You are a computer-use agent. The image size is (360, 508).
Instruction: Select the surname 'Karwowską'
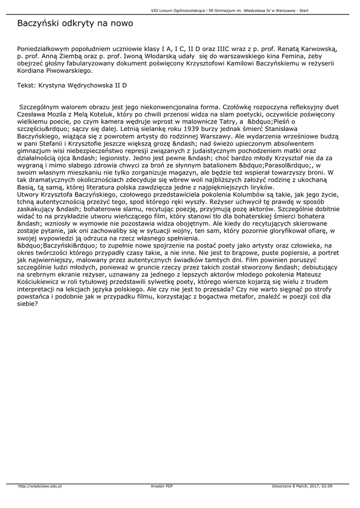pos(318,50)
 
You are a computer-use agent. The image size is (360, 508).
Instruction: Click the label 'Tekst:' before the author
pos(27,85)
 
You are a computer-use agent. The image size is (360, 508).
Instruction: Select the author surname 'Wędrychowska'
pos(88,85)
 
